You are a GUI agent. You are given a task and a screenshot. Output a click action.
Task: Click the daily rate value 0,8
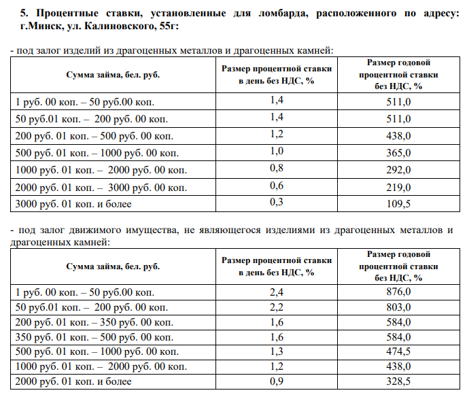(x=277, y=167)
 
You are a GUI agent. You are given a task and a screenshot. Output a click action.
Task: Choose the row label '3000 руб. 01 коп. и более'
(x=73, y=203)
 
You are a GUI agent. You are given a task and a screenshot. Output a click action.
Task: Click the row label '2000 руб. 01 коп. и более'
(x=73, y=382)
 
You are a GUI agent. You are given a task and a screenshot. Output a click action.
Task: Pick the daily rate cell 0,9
(x=277, y=382)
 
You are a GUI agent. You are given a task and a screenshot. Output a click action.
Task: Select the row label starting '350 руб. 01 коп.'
(x=85, y=337)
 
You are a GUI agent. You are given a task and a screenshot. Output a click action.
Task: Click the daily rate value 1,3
(x=277, y=352)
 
